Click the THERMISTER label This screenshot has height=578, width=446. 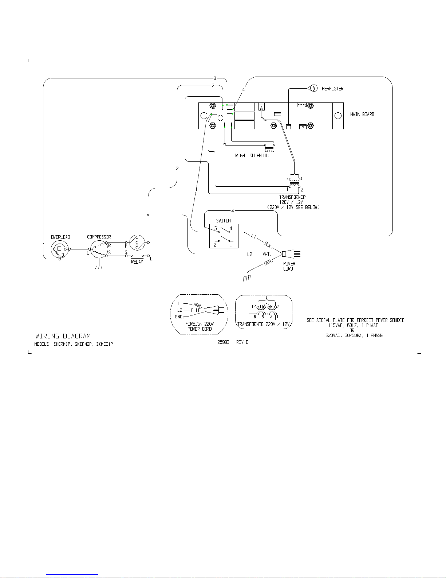(x=331, y=89)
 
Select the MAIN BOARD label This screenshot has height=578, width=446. (x=362, y=114)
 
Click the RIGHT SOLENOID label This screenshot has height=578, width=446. (x=252, y=156)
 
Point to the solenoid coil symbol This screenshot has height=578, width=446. (x=269, y=148)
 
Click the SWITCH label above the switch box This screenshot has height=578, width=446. (x=223, y=221)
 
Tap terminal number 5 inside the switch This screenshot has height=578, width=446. (x=216, y=229)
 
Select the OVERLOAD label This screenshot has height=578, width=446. (x=60, y=237)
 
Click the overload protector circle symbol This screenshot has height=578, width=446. (x=60, y=249)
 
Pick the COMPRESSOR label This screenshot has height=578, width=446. (x=99, y=237)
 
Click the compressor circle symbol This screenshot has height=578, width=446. (x=99, y=249)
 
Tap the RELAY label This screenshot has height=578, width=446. (x=137, y=262)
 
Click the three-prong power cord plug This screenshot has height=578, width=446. (x=291, y=254)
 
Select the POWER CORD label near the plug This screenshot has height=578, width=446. (x=289, y=266)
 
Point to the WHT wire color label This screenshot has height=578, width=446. (x=266, y=254)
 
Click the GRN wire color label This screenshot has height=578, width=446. (x=268, y=263)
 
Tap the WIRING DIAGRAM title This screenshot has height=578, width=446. (x=63, y=336)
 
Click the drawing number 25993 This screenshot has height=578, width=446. (x=223, y=342)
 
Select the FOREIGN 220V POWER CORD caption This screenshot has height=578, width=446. (x=200, y=326)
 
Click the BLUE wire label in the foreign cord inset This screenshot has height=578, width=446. (x=196, y=310)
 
